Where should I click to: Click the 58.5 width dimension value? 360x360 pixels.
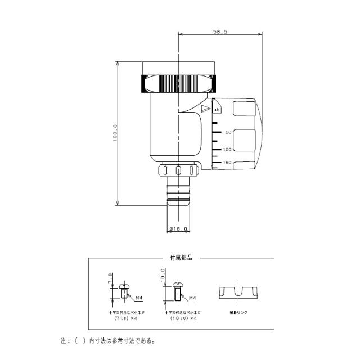click(x=220, y=33)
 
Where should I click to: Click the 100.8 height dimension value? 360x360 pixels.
click(x=115, y=133)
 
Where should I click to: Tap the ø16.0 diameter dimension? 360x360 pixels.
click(x=179, y=228)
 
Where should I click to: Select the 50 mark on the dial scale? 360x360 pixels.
click(x=228, y=132)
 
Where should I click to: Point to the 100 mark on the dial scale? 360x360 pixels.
click(x=227, y=149)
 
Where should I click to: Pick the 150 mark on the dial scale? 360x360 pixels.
click(x=227, y=162)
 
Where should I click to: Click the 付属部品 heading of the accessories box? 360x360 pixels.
click(x=181, y=258)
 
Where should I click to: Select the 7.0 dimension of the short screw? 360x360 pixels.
click(x=111, y=279)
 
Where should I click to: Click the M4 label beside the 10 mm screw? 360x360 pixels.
click(x=192, y=298)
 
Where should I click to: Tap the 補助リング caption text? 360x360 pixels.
click(x=238, y=311)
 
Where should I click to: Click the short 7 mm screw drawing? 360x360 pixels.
click(x=123, y=290)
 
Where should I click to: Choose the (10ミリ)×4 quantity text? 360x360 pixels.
click(x=183, y=318)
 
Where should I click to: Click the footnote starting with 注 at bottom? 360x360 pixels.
click(x=107, y=341)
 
